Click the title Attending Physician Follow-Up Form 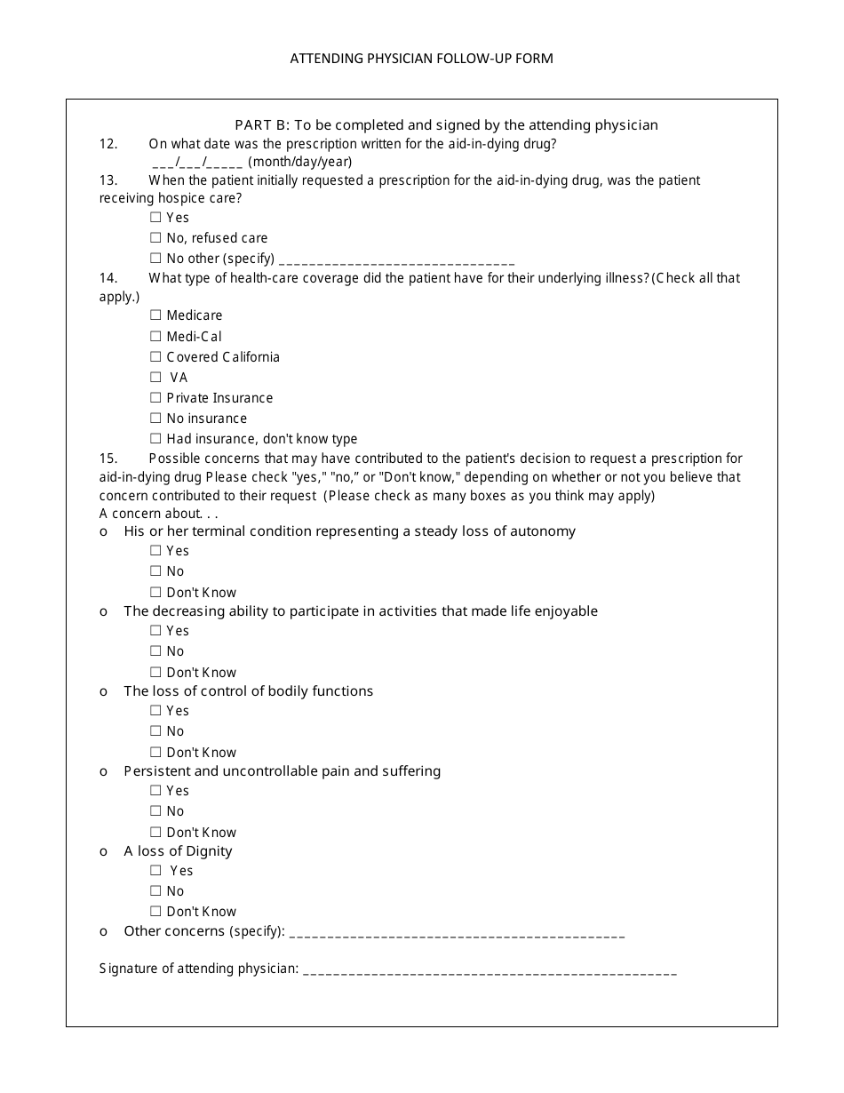(421, 59)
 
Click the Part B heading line (446, 125)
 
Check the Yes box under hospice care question (155, 217)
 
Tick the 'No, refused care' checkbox (155, 238)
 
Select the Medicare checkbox (155, 315)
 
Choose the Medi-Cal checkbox (155, 336)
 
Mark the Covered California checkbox (155, 356)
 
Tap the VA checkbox (155, 378)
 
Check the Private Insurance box (155, 398)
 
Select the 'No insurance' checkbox (155, 419)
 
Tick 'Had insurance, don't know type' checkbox (155, 439)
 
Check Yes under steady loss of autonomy (155, 551)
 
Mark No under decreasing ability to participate (155, 651)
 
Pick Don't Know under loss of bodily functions (155, 753)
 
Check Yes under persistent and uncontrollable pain (155, 791)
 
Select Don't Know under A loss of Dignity (155, 912)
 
